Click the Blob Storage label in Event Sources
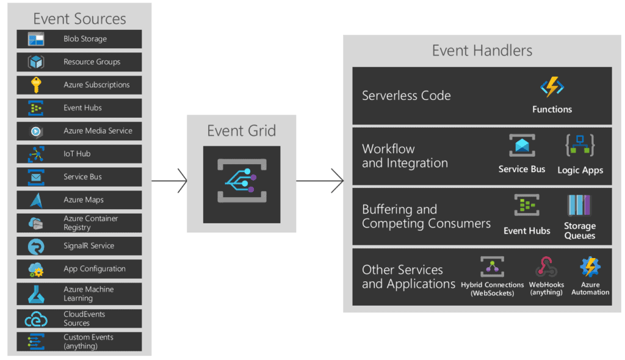point(85,39)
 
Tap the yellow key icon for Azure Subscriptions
point(36,85)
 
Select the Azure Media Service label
point(98,131)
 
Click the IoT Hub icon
point(36,154)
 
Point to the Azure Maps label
point(84,200)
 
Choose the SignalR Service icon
point(36,247)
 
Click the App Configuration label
point(95,269)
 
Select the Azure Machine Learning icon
point(36,294)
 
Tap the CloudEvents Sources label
point(84,319)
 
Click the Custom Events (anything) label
point(89,342)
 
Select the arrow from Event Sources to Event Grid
point(169,181)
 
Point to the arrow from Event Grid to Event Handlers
point(320,181)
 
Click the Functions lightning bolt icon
point(552,88)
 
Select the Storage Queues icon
point(579,206)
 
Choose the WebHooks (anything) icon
point(546,267)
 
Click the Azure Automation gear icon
point(590,267)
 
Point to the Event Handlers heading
point(482,51)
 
